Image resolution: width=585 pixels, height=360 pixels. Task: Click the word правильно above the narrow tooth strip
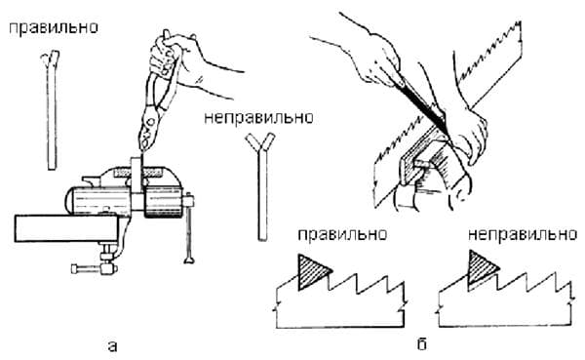pyautogui.click(x=54, y=28)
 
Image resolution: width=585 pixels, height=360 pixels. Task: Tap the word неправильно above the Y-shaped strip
pyautogui.click(x=258, y=117)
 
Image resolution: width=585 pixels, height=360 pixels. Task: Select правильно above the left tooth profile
pyautogui.click(x=342, y=234)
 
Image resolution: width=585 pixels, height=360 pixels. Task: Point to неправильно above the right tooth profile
pyautogui.click(x=523, y=234)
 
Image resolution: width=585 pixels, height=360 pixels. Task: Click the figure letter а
pyautogui.click(x=112, y=346)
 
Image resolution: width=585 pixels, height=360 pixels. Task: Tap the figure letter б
pyautogui.click(x=421, y=344)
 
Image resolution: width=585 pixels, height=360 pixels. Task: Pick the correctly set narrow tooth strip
pyautogui.click(x=52, y=110)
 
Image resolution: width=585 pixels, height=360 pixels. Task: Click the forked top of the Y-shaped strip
pyautogui.click(x=260, y=143)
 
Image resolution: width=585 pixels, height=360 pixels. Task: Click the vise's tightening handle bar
pyautogui.click(x=189, y=227)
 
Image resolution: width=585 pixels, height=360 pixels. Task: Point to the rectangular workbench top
pyautogui.click(x=66, y=228)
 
